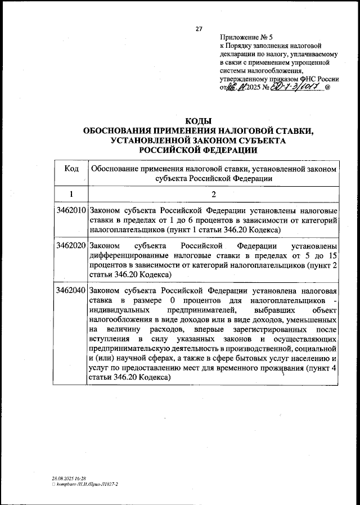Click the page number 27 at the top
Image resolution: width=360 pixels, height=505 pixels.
point(199,29)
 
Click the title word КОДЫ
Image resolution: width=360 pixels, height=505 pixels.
point(198,121)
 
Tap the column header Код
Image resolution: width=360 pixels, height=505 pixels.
point(71,169)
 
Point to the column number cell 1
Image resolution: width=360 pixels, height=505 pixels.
point(71,194)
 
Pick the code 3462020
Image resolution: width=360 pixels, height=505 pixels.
point(71,246)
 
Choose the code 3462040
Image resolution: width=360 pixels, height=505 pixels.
point(71,291)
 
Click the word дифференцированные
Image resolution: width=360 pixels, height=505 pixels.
point(129,256)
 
